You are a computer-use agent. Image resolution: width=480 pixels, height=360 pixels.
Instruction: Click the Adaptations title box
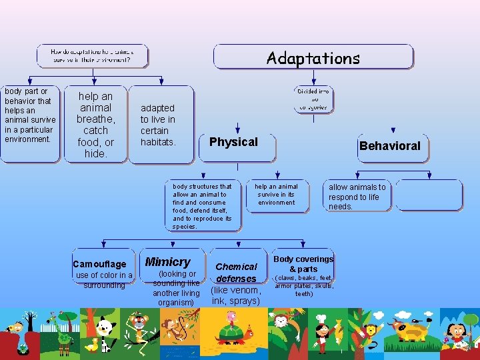(313, 58)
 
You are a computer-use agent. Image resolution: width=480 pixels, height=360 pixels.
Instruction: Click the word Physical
(233, 142)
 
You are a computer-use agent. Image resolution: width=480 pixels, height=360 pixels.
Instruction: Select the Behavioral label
(389, 146)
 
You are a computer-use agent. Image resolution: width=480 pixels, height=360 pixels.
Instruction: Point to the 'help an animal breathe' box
(95, 125)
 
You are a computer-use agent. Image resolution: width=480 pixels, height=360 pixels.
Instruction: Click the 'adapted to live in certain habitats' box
(159, 125)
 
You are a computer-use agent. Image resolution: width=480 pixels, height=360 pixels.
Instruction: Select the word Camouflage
(99, 265)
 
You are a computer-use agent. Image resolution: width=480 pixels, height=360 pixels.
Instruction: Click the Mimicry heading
(167, 262)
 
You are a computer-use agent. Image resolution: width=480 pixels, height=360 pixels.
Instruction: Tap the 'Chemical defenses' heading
(236, 273)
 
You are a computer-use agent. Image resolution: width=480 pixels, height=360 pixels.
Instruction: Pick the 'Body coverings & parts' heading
(303, 264)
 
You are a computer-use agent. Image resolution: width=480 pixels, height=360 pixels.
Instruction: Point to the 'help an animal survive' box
(277, 194)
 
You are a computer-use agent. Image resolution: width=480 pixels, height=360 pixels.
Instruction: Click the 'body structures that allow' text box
(203, 206)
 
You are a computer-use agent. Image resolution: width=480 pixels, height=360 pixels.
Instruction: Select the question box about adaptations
(91, 55)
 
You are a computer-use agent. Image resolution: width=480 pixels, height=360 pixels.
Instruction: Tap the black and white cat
(105, 331)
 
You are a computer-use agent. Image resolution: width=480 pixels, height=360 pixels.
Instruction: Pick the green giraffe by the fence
(65, 331)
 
